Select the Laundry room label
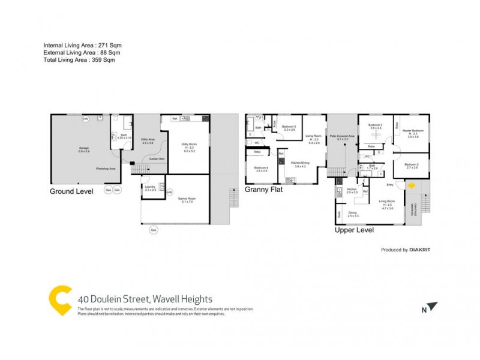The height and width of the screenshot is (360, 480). (150, 187)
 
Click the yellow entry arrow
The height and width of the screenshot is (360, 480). (412, 186)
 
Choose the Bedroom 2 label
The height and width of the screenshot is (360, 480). (412, 165)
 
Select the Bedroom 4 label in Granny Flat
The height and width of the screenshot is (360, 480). (260, 169)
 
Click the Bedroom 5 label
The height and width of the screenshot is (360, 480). (289, 128)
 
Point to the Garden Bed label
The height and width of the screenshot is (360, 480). (158, 158)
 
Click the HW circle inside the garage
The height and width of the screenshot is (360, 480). (86, 118)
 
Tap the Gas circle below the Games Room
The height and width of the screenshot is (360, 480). (153, 230)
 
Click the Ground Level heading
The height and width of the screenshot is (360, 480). (72, 192)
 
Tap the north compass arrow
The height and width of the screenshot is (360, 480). (433, 307)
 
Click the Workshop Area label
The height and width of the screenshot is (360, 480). (106, 169)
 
